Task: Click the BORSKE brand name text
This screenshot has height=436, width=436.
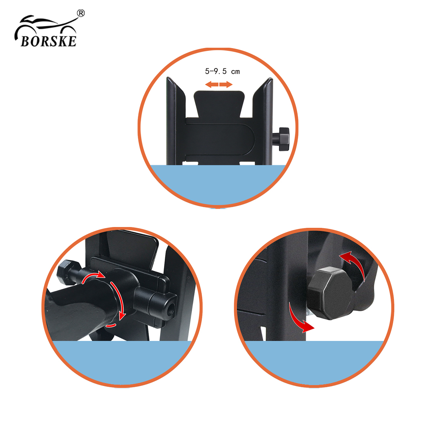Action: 49,41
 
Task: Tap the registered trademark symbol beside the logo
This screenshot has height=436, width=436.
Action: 81,13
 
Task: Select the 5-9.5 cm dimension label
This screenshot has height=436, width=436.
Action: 222,71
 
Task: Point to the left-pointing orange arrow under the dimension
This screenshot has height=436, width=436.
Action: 212,85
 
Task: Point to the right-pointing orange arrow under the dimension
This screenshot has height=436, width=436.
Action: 226,85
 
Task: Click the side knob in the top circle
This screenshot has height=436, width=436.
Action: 281,139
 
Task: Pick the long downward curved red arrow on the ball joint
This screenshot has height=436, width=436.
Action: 119,300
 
